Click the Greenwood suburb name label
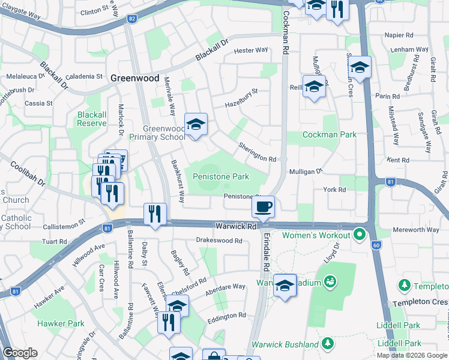(135, 78)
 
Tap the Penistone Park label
(220, 177)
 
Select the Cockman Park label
(330, 135)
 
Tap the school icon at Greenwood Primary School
(196, 125)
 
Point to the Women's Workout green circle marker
(360, 233)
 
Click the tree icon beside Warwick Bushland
(327, 344)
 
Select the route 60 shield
(376, 245)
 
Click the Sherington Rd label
(257, 152)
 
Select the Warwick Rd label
(236, 227)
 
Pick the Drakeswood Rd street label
(218, 241)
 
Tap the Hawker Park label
(61, 323)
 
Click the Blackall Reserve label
(91, 118)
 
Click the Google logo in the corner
(20, 353)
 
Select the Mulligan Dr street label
(306, 171)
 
